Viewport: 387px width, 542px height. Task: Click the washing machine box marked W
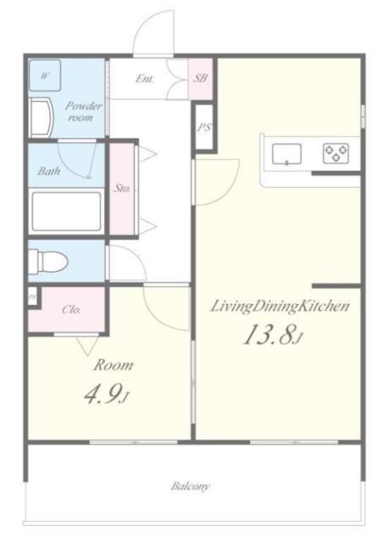coord(45,75)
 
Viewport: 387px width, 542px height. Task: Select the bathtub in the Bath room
coord(66,211)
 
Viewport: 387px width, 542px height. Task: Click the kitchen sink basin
coord(286,154)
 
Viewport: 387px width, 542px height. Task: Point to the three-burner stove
coord(336,154)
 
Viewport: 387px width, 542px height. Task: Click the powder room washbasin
coord(41,118)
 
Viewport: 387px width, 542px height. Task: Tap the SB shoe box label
coord(201,78)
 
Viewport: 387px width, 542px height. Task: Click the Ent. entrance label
coord(145,79)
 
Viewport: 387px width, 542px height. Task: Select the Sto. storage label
coord(122,188)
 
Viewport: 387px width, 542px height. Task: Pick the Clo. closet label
coord(71,309)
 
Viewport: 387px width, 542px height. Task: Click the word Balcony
coord(190,486)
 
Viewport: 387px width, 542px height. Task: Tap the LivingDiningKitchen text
coord(280,307)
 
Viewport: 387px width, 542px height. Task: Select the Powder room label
coord(84,111)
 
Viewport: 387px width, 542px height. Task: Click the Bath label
coord(49,171)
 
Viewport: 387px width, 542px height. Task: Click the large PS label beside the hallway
coord(204,127)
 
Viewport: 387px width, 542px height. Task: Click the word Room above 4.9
coord(113,365)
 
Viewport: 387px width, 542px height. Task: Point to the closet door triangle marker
coord(87,346)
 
